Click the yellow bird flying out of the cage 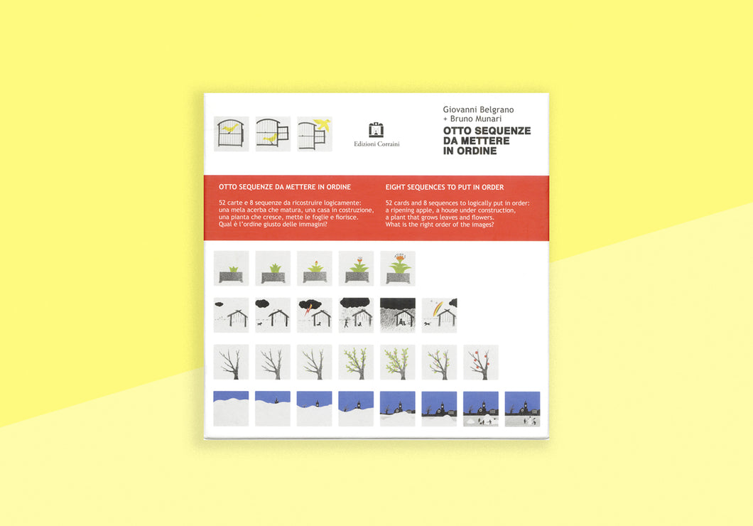click(x=323, y=124)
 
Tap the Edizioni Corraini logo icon click(x=376, y=130)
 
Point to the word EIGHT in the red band click(x=395, y=188)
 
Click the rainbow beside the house click(x=437, y=308)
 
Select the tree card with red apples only click(x=481, y=363)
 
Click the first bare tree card click(x=231, y=363)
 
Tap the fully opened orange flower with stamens click(x=398, y=257)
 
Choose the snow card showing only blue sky click(x=231, y=409)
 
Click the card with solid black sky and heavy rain click(x=398, y=315)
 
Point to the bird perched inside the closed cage click(x=231, y=128)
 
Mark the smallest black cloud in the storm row click(x=219, y=304)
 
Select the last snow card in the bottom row click(x=523, y=409)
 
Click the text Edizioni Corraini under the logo click(x=376, y=144)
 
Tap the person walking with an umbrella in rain click(x=347, y=322)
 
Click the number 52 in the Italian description click(x=222, y=203)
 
